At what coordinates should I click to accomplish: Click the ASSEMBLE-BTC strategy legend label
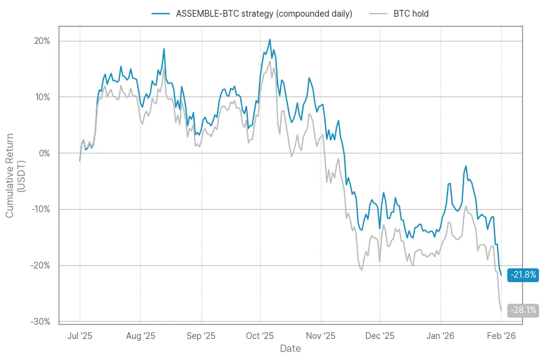265,14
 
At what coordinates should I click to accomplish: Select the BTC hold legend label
411,14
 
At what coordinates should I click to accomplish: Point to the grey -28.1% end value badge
523,311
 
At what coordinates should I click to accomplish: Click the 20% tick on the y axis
43,41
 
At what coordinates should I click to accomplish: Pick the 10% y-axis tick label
43,97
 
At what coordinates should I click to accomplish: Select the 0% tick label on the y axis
45,153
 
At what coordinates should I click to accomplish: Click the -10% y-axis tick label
41,209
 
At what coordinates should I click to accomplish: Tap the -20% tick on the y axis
41,265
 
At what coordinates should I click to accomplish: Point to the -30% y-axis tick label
41,322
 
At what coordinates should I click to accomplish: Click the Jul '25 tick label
80,336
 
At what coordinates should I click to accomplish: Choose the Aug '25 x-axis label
140,336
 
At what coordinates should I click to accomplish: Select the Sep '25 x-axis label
201,336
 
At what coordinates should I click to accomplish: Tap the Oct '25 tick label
260,336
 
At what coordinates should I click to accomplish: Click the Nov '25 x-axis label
321,336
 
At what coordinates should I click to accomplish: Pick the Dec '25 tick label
379,336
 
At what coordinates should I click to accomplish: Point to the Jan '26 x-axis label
441,336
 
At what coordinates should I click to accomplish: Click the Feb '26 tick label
501,336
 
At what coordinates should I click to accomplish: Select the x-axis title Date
290,349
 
